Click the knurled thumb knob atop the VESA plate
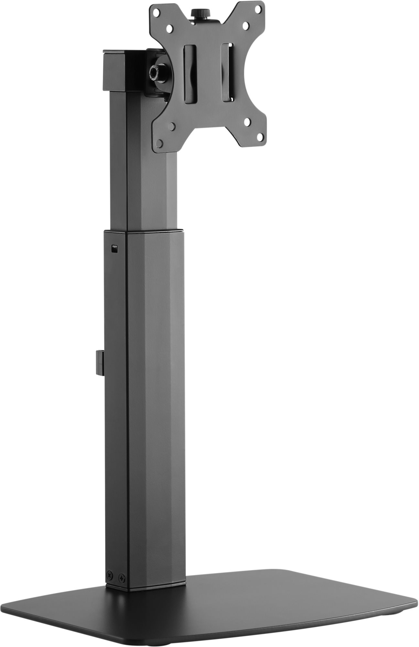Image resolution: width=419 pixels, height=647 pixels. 200,14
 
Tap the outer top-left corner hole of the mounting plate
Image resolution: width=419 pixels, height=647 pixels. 156,14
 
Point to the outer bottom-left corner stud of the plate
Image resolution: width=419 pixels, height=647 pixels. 159,142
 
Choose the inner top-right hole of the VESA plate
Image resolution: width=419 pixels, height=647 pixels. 245,25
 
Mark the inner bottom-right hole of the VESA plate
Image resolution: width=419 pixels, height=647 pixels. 247,122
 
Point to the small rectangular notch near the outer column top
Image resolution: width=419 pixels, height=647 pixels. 114,248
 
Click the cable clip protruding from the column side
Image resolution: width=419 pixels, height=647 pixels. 100,362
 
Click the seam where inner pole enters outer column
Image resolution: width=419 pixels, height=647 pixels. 144,230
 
